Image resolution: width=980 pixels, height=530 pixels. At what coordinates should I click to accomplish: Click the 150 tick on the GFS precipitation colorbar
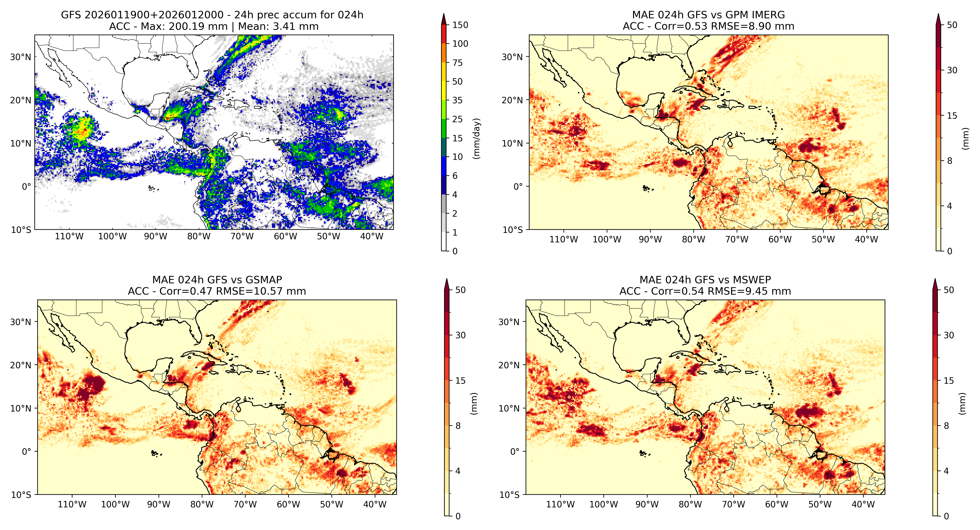coord(460,25)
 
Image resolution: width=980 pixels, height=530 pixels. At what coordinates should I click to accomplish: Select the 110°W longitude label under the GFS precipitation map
coord(69,236)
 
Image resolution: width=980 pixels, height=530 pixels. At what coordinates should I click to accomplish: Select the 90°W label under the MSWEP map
coord(647,504)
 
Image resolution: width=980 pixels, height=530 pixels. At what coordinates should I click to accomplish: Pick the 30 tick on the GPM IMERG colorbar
coord(952,70)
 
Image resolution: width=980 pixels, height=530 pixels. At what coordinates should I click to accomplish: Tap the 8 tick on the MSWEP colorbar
coord(946,426)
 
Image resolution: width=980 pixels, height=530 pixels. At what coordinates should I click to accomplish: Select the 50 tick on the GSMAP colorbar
coord(460,290)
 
